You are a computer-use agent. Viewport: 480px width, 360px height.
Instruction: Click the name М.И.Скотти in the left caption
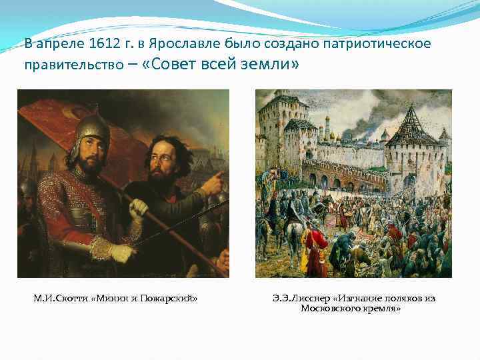pyautogui.click(x=61, y=298)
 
